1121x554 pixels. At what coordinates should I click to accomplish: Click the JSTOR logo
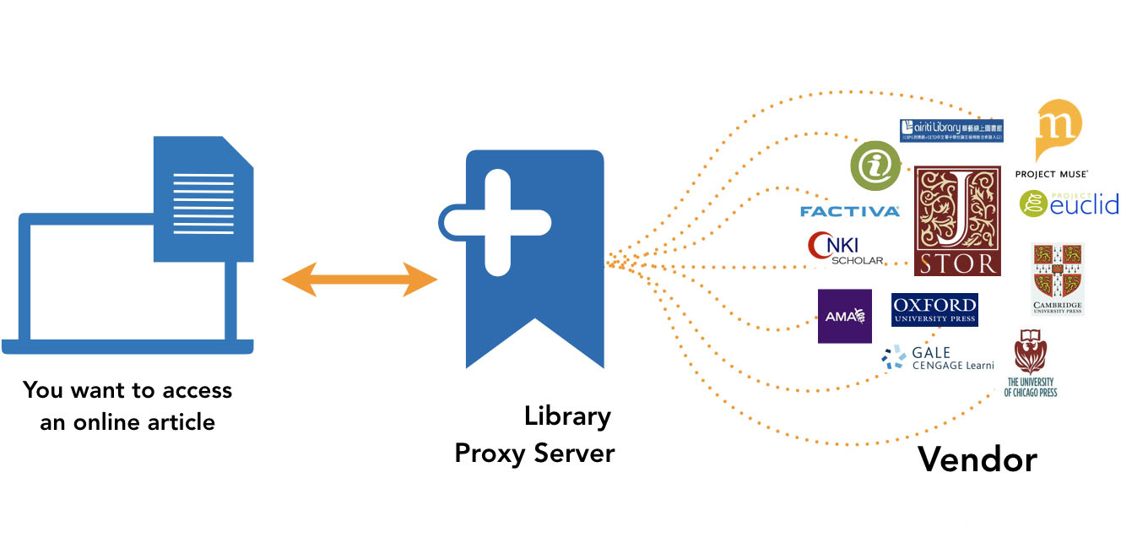(x=957, y=220)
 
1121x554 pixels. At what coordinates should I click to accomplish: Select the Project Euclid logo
(x=1069, y=204)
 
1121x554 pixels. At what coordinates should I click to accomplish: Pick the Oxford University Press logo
(x=934, y=309)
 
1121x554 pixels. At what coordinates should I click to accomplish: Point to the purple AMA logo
(x=844, y=316)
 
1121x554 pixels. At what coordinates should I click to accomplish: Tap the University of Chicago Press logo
(x=1031, y=362)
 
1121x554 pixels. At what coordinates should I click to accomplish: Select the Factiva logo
(x=849, y=211)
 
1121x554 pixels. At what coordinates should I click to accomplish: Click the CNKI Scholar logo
(x=845, y=248)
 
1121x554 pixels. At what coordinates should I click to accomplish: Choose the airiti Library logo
(x=950, y=130)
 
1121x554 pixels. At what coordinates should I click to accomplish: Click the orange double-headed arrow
(x=360, y=280)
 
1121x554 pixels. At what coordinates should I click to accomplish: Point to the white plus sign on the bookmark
(x=499, y=222)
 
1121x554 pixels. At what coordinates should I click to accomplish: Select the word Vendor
(x=977, y=459)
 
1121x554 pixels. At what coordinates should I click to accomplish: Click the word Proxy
(x=491, y=454)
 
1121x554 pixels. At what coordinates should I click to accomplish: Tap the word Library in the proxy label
(x=567, y=416)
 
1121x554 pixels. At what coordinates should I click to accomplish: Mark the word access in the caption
(x=198, y=390)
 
